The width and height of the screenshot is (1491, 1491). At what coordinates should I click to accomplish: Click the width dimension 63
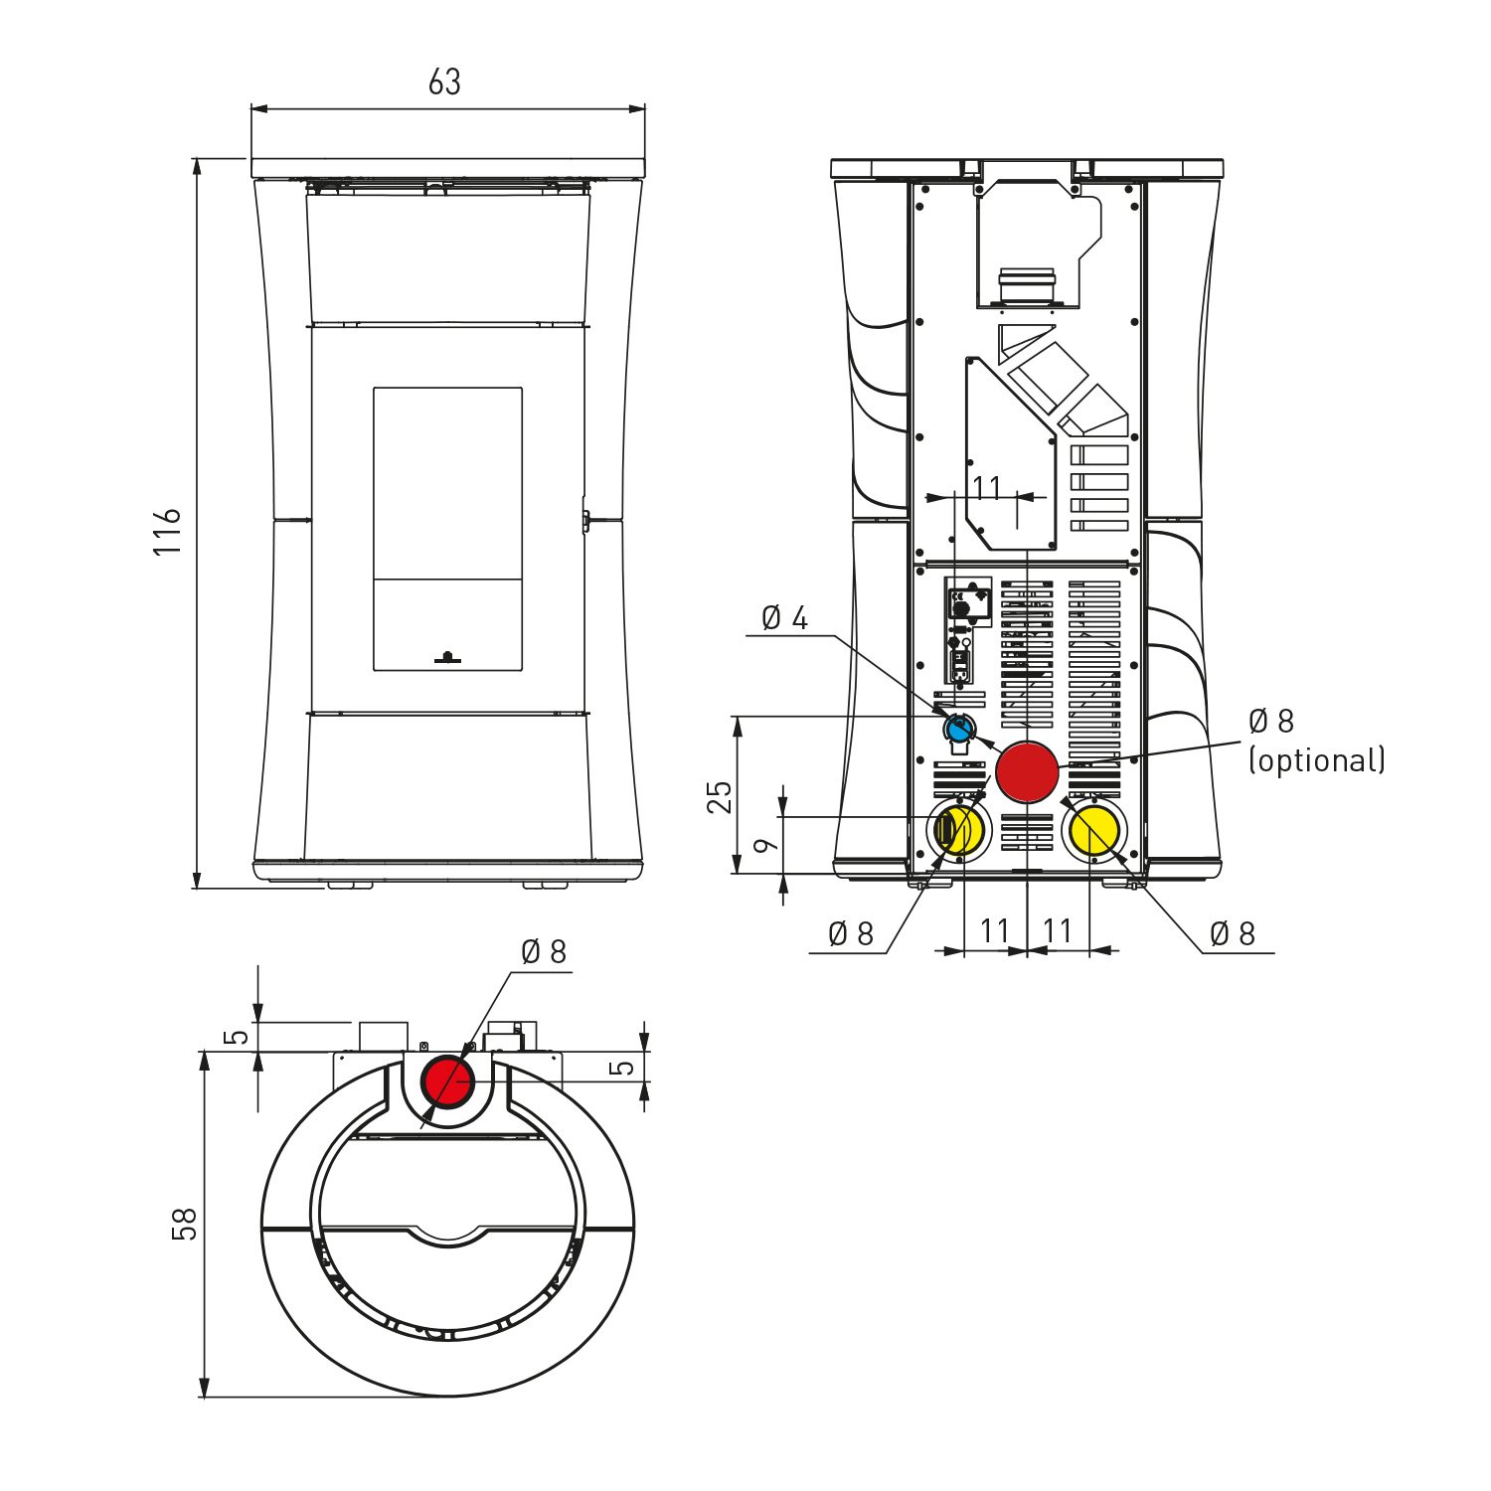(444, 82)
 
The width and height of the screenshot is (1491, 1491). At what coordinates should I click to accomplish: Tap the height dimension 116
(168, 531)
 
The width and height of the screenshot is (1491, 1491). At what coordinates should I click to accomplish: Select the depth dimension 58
(185, 1224)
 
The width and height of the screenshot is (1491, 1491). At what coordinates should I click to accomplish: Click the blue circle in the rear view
(959, 730)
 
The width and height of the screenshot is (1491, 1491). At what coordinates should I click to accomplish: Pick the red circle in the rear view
(1027, 771)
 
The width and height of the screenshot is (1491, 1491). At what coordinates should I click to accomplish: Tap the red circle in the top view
(448, 1081)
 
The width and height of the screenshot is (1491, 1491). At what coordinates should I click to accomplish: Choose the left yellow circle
(959, 830)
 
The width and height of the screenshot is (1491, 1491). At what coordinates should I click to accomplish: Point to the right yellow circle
(1093, 830)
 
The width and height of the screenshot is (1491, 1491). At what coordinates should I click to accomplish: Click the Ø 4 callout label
(784, 618)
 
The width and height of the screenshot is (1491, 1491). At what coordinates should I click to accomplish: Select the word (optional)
(1317, 760)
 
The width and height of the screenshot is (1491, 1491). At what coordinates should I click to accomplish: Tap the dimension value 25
(720, 797)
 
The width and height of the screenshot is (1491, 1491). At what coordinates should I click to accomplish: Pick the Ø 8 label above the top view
(544, 952)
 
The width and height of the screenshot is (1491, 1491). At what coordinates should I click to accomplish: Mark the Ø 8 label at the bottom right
(1233, 933)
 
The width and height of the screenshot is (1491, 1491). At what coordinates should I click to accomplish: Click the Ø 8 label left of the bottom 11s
(851, 933)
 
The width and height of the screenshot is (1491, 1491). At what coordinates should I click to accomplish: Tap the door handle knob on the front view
(447, 656)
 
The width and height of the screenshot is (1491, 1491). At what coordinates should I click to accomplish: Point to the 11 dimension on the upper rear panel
(986, 488)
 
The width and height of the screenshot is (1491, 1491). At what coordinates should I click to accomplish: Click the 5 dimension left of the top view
(237, 1037)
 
